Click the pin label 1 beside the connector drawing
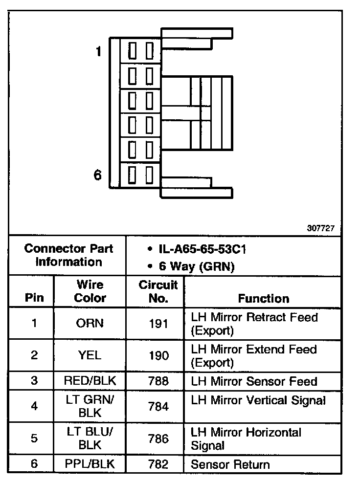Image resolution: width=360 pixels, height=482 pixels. [98, 51]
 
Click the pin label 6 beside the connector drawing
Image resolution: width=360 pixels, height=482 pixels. [98, 175]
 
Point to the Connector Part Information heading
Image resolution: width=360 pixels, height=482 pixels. [68, 255]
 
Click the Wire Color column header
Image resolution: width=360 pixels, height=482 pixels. [90, 291]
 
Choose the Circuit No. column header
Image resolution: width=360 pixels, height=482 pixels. [158, 291]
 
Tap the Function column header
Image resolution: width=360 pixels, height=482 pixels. [264, 298]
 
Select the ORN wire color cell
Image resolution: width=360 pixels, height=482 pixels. [90, 323]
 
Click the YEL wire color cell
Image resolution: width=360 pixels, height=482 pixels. [90, 355]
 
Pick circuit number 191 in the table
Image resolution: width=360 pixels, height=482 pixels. [158, 323]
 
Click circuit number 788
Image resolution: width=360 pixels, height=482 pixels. [158, 381]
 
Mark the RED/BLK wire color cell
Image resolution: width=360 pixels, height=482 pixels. [90, 381]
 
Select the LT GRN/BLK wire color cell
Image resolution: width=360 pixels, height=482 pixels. [90, 406]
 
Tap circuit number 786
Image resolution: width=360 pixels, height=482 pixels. [158, 438]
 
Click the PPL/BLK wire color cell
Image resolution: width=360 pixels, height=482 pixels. [90, 464]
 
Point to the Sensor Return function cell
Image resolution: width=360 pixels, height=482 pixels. [230, 464]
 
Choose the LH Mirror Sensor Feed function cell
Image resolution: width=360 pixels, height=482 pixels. [254, 381]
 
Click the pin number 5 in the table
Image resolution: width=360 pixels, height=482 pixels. [34, 438]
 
